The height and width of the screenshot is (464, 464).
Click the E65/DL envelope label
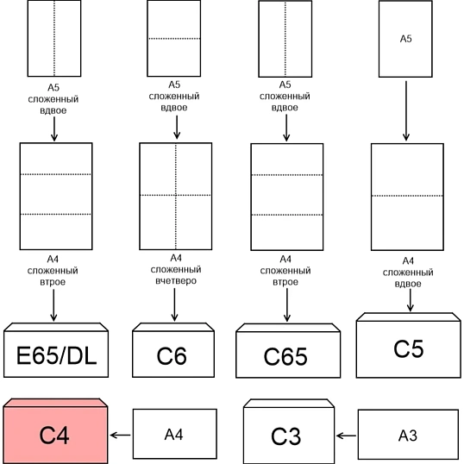(x=57, y=355)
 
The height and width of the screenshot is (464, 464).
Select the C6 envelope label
(x=172, y=355)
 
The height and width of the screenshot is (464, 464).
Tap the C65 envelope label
(x=285, y=356)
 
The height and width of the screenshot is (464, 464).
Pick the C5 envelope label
(x=409, y=348)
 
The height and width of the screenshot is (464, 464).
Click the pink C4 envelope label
(x=54, y=435)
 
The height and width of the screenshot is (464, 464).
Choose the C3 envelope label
(x=285, y=436)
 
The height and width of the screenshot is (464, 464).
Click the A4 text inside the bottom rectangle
(x=174, y=435)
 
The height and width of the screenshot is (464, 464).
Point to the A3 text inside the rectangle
(x=408, y=436)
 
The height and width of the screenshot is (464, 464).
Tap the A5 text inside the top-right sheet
(x=405, y=39)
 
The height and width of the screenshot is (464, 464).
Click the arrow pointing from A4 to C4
(x=120, y=435)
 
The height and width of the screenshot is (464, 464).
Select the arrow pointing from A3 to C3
(x=346, y=436)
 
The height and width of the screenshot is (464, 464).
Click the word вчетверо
(x=176, y=280)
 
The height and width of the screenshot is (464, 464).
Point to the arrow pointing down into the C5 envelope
(x=410, y=300)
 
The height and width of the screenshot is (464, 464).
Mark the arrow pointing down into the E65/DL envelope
(x=53, y=305)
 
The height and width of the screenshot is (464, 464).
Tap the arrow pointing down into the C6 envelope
(x=174, y=304)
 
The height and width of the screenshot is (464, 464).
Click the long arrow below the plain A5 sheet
(x=406, y=111)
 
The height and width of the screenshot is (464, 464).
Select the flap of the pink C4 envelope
(x=55, y=403)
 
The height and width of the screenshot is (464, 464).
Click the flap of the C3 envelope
(x=289, y=404)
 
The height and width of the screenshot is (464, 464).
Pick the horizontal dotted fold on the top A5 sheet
(x=174, y=39)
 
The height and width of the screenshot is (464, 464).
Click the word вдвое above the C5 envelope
(x=408, y=284)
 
